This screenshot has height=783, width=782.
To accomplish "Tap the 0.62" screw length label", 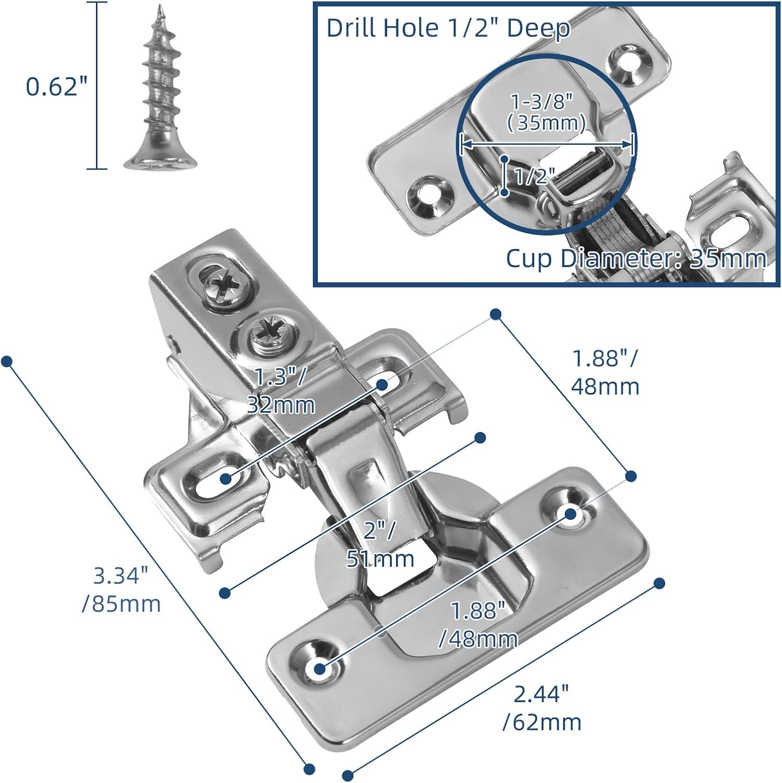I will (57, 86).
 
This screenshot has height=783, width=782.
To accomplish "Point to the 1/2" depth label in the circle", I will (532, 176).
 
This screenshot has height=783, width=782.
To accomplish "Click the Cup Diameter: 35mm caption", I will (636, 259).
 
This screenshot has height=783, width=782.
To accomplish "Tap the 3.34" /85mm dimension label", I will (122, 590).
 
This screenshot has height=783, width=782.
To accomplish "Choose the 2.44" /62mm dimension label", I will (542, 708).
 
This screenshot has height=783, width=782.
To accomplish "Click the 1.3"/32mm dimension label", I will (280, 390).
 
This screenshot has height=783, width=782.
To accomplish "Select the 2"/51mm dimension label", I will (380, 544).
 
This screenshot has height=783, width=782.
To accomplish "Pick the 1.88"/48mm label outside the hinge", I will (605, 372).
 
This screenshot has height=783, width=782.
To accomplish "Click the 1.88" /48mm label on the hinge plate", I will (478, 625).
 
